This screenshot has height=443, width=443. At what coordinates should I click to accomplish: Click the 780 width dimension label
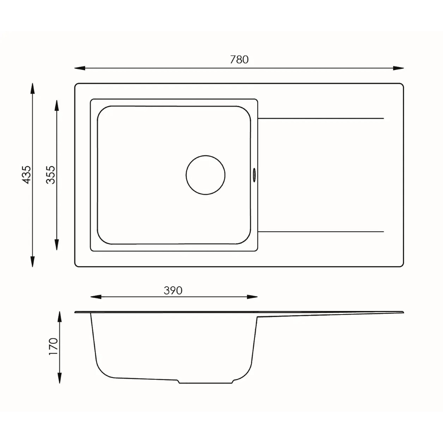(x=239, y=60)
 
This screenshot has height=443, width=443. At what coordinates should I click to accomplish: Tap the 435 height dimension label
(x=27, y=175)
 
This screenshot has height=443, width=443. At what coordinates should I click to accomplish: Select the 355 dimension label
(x=51, y=175)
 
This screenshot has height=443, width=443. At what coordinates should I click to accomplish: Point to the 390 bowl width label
(x=173, y=291)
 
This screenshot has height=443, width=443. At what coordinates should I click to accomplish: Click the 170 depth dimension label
(x=53, y=346)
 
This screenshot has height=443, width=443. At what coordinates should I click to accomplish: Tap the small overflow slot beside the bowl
(x=254, y=175)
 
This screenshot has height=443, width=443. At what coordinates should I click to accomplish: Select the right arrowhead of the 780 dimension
(x=398, y=68)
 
